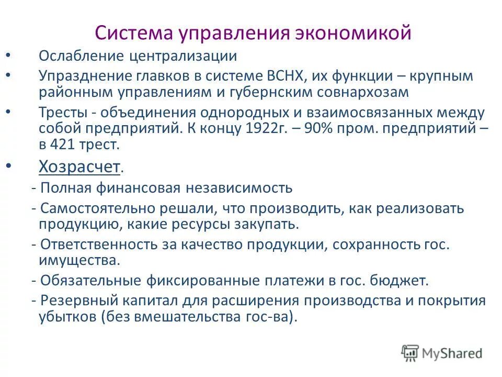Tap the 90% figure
point(314,128)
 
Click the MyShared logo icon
point(410,352)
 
